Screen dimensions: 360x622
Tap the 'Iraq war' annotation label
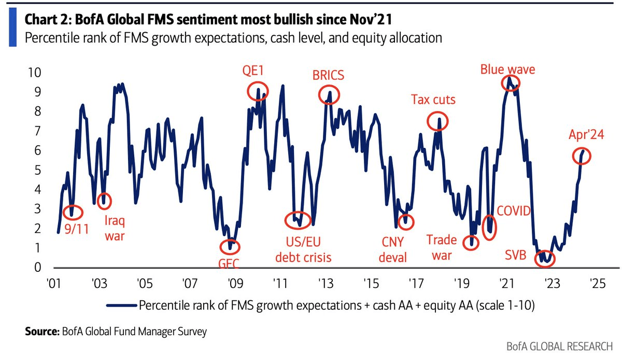point(115,229)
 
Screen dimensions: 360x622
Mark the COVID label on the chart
point(514,211)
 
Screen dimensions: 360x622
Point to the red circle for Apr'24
point(582,155)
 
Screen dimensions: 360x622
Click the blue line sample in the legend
point(121,306)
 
